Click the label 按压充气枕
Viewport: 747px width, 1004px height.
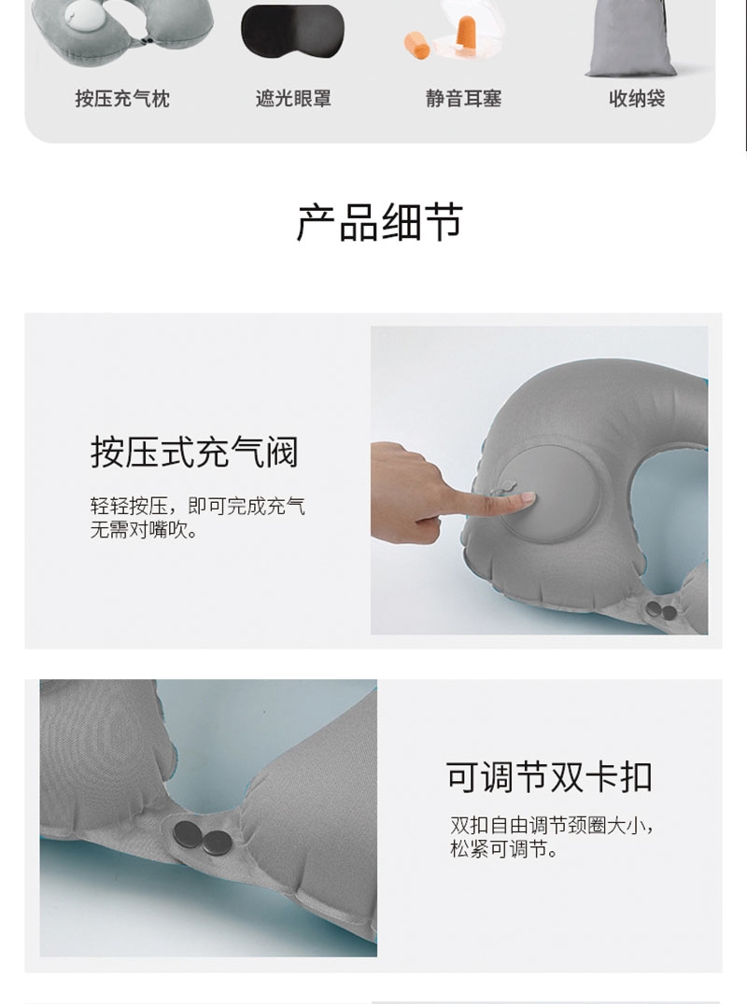point(122,99)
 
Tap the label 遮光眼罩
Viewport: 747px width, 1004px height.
point(293,99)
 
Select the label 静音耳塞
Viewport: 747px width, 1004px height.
point(464,99)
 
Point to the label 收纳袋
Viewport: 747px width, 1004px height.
point(637,99)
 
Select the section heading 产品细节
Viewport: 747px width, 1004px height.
point(379,223)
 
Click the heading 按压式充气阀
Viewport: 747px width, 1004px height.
point(194,452)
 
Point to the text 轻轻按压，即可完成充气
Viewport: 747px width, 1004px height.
point(197,506)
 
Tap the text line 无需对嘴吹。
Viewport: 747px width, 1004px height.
point(144,530)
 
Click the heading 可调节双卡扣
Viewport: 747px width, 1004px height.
point(549,776)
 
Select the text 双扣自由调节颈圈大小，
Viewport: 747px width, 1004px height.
point(552,826)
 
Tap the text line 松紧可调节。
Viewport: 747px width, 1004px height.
point(504,849)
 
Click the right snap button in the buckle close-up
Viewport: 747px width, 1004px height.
point(218,843)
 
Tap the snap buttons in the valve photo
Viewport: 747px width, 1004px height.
point(661,610)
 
